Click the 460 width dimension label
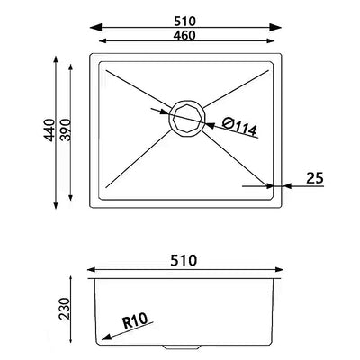click(184, 35)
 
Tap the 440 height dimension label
click(49, 130)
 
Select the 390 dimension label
click(65, 130)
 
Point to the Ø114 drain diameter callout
click(239, 126)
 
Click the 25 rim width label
click(315, 178)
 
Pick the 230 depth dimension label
click(64, 309)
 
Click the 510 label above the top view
click(184, 22)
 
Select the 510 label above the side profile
click(184, 260)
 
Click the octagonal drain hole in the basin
click(187, 119)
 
